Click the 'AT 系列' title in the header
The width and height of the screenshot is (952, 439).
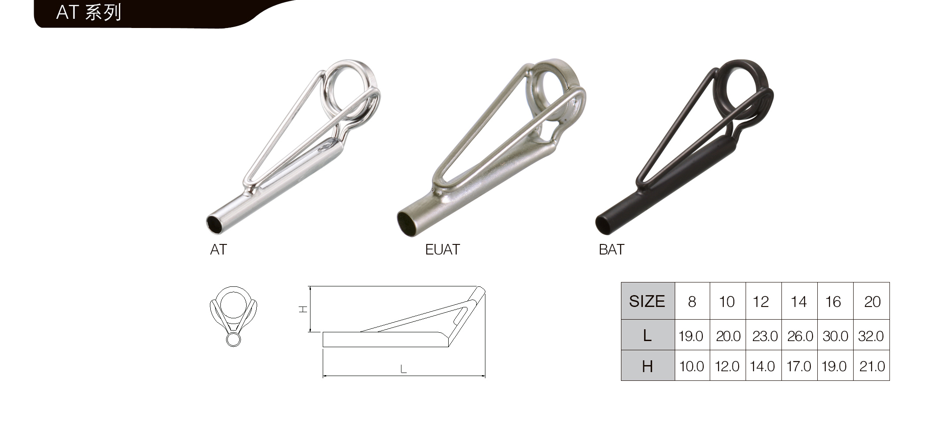click(x=89, y=12)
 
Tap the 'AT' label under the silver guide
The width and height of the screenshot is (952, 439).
click(x=219, y=250)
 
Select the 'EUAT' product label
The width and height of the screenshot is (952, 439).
click(x=443, y=250)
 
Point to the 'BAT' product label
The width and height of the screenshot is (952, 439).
click(x=611, y=250)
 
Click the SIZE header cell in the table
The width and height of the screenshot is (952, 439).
click(x=648, y=301)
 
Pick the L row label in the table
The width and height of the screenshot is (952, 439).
click(x=648, y=335)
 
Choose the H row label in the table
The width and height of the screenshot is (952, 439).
click(x=648, y=366)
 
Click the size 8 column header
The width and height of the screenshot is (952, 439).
click(x=692, y=302)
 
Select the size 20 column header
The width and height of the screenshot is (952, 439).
click(x=872, y=302)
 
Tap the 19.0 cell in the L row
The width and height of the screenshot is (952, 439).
click(x=691, y=336)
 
